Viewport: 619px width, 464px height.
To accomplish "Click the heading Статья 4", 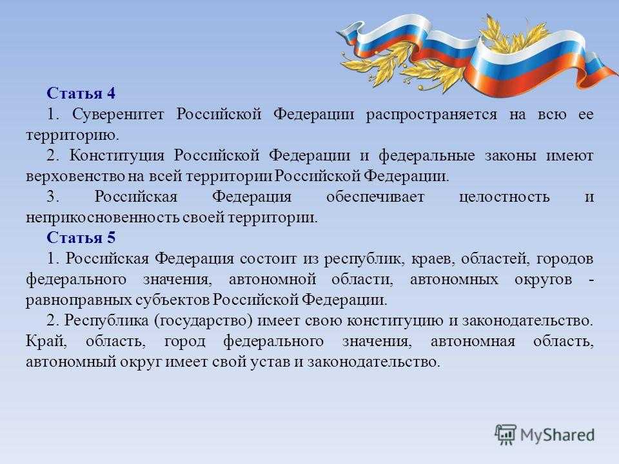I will coord(81,93).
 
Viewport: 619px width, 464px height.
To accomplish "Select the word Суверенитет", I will coord(121,115).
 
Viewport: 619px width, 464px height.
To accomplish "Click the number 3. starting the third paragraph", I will coord(52,197).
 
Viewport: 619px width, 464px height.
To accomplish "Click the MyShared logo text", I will coord(557,432).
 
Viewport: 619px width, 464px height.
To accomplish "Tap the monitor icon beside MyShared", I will coord(506,434).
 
